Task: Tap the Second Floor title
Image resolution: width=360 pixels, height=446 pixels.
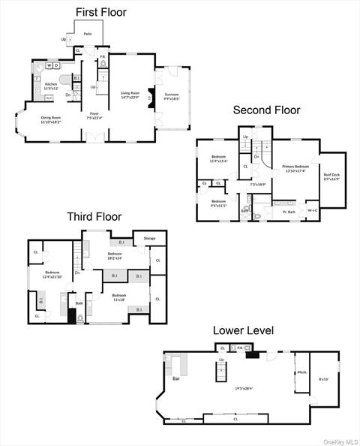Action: [x=266, y=110]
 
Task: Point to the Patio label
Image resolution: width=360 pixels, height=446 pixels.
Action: [x=88, y=34]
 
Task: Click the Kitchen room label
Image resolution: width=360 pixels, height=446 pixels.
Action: [x=50, y=84]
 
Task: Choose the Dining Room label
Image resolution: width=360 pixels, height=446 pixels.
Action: [x=50, y=118]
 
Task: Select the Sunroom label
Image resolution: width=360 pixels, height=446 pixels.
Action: [x=172, y=94]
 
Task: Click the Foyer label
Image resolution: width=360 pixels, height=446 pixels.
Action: [x=94, y=113]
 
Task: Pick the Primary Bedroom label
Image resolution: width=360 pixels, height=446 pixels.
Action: [x=295, y=166]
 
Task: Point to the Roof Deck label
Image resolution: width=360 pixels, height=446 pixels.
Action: [x=330, y=177]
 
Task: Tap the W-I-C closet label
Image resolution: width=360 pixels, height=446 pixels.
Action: [x=313, y=210]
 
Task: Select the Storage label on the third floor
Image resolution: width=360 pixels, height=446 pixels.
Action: [x=149, y=239]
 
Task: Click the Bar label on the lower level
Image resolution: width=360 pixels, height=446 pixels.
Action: [x=176, y=378]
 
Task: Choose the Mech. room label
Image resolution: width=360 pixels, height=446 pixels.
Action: [x=302, y=372]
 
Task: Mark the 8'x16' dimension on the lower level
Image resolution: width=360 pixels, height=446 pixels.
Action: [x=324, y=379]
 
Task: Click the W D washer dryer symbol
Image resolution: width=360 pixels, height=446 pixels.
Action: [x=52, y=65]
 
